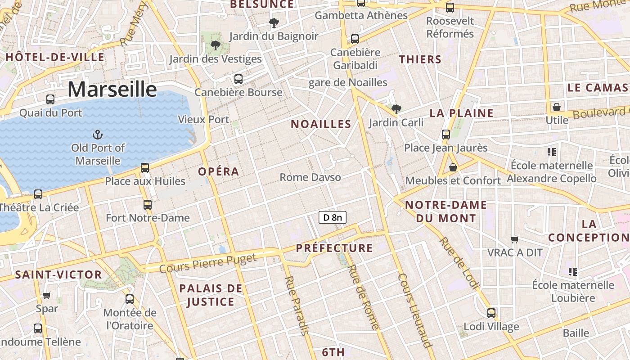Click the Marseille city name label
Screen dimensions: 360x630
pyautogui.click(x=112, y=89)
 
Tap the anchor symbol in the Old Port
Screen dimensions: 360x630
pyautogui.click(x=97, y=134)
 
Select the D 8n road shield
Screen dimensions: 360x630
pyautogui.click(x=333, y=218)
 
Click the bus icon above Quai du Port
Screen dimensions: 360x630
pyautogui.click(x=50, y=99)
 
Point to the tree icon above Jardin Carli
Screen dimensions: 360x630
pyautogui.click(x=396, y=109)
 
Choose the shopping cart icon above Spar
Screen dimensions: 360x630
pyautogui.click(x=47, y=296)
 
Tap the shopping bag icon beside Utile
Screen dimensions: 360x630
pyautogui.click(x=557, y=107)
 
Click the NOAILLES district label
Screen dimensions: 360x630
pyautogui.click(x=321, y=124)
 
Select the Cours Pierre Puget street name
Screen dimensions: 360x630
pyautogui.click(x=208, y=263)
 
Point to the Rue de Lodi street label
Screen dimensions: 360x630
pyautogui.click(x=459, y=262)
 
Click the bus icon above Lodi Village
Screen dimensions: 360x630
pyautogui.click(x=491, y=313)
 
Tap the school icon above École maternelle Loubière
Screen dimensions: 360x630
pyautogui.click(x=573, y=272)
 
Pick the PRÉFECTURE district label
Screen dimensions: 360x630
pyautogui.click(x=334, y=248)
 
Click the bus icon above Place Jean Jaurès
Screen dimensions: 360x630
pyautogui.click(x=445, y=134)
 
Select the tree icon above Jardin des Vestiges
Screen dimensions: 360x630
pyautogui.click(x=216, y=45)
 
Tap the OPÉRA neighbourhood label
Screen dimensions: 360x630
pyautogui.click(x=219, y=171)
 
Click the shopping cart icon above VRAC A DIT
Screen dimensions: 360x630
pyautogui.click(x=515, y=239)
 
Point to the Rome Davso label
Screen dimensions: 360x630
pyautogui.click(x=310, y=177)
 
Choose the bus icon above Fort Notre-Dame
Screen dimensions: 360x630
pyautogui.click(x=147, y=205)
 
